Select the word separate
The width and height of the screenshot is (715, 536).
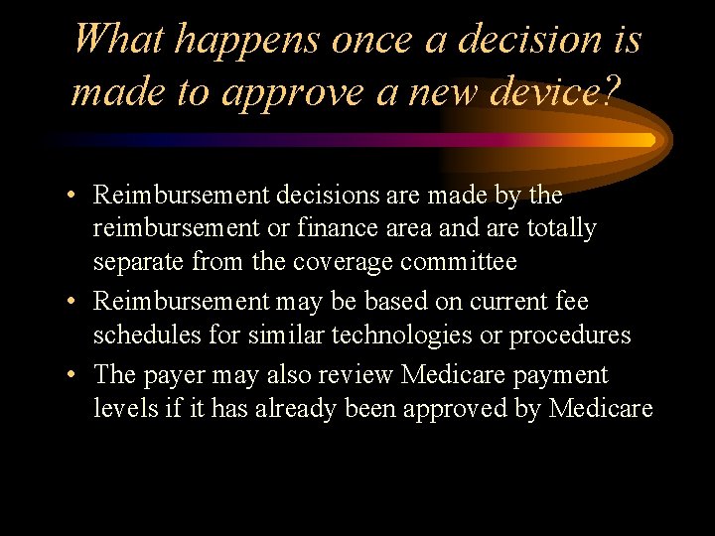(139, 262)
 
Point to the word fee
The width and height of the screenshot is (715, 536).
(571, 300)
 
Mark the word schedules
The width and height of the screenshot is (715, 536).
(146, 335)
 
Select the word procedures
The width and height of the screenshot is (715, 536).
(570, 335)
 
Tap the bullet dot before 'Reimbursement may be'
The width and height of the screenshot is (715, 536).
(75, 301)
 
